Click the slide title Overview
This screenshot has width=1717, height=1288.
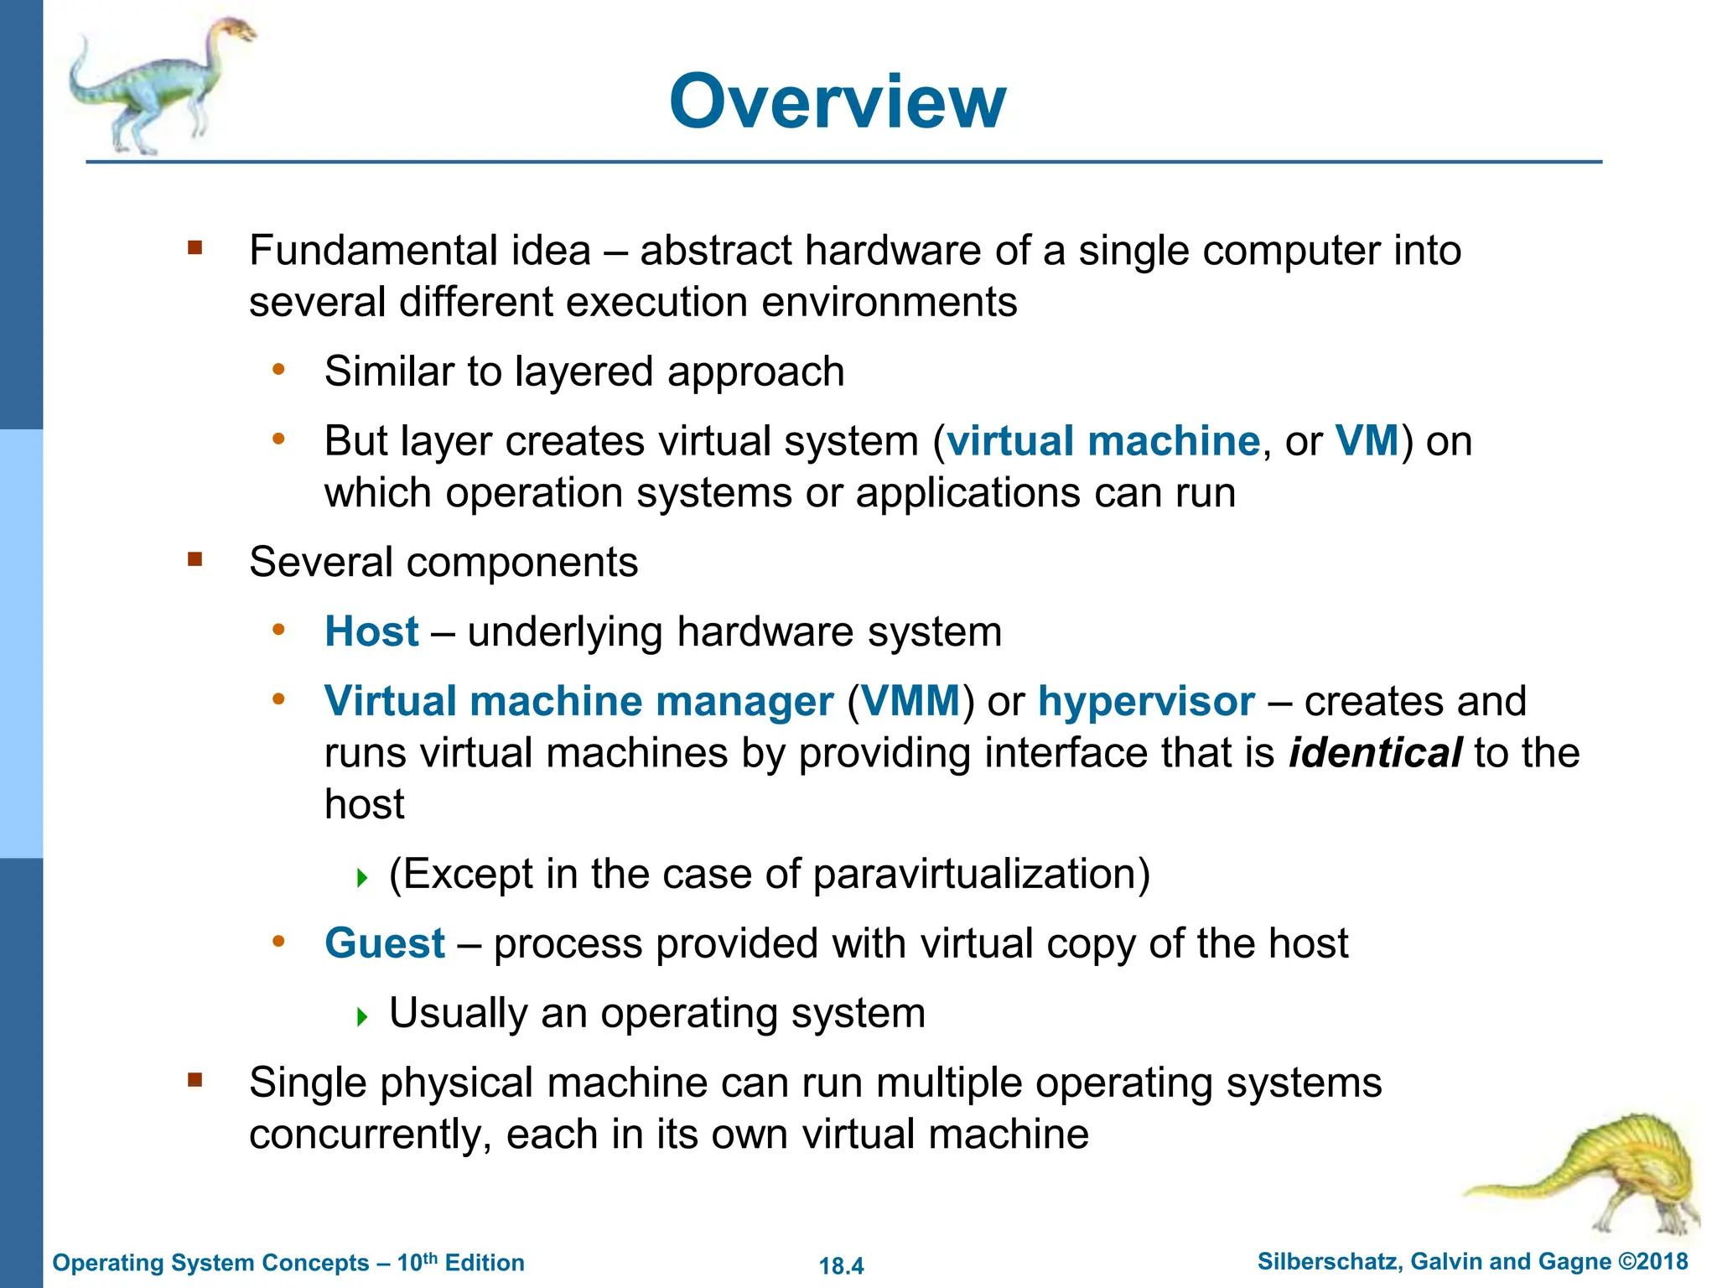point(837,101)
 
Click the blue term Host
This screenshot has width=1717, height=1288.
point(371,631)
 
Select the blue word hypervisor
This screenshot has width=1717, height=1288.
point(1146,701)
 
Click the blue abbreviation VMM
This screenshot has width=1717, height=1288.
point(910,701)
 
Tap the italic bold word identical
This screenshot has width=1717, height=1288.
point(1375,753)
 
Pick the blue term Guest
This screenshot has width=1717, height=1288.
point(385,943)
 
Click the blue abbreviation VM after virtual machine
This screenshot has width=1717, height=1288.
point(1367,441)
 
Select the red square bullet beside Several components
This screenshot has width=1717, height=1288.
point(195,559)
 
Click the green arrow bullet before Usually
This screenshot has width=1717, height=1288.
point(362,1017)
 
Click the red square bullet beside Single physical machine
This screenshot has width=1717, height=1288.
point(195,1080)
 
